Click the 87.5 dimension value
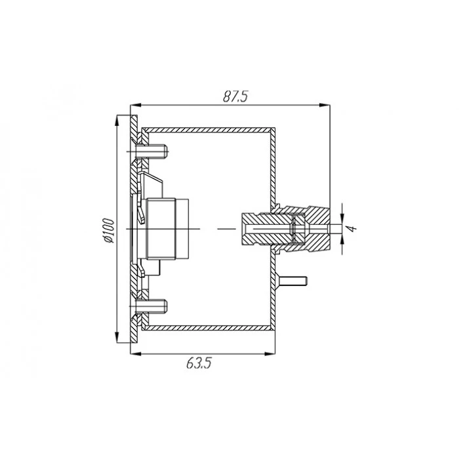coord(235,96)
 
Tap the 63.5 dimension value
coord(199,363)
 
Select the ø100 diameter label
coord(109,230)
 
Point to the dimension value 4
coord(353,228)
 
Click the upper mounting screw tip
coord(167,151)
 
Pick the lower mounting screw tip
coord(166,306)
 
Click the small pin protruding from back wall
coord(293,281)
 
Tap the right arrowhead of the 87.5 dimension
coord(325,105)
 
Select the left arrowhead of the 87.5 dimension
coord(136,105)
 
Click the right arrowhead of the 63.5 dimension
coord(269,354)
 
